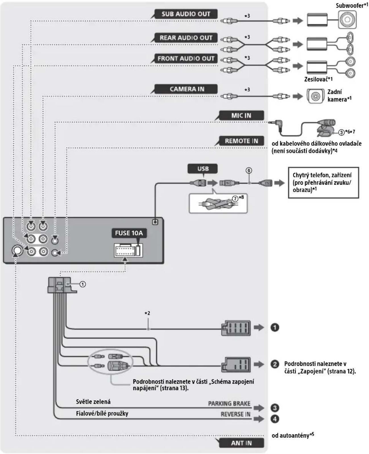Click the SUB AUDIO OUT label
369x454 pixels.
186,14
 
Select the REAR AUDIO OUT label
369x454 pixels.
186,38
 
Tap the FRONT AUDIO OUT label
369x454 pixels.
186,58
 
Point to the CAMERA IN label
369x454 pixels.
186,89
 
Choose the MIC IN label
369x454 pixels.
241,115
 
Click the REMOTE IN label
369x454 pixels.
241,141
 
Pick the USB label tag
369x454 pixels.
203,169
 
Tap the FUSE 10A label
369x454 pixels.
129,233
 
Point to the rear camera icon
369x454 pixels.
316,96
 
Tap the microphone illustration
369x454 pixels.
325,128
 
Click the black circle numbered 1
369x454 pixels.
275,327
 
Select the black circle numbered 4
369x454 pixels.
275,419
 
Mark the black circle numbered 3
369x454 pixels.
275,408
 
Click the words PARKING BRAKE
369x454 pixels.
229,403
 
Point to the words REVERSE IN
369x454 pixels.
235,414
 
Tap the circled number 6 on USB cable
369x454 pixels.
249,170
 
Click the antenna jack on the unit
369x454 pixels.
17,250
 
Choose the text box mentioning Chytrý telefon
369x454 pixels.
324,183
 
